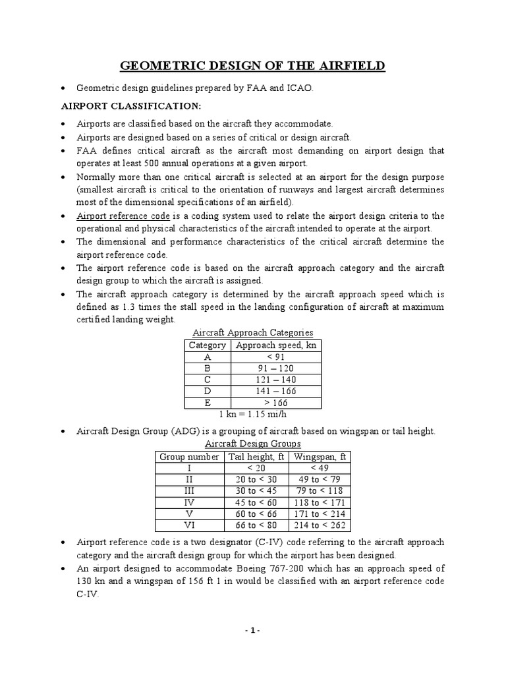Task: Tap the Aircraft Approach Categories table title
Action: [x=252, y=332]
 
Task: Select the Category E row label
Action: [x=207, y=403]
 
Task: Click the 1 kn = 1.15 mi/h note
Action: [x=252, y=415]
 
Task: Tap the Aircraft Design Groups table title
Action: [x=252, y=444]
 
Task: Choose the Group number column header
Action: [x=189, y=456]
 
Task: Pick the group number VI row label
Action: [x=189, y=525]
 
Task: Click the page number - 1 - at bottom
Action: [x=253, y=630]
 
